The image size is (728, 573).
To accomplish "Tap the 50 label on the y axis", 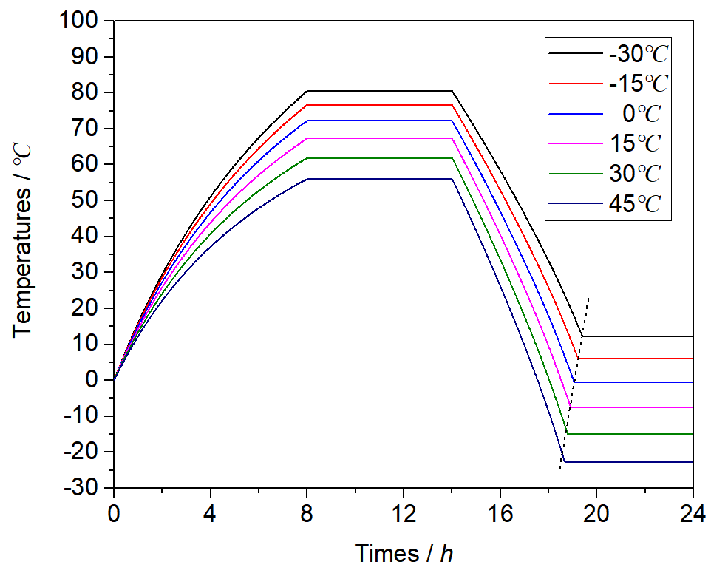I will (89, 200).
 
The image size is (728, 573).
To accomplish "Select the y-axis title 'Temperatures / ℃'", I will (24, 255).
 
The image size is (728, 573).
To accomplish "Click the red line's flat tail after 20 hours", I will (643, 359).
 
